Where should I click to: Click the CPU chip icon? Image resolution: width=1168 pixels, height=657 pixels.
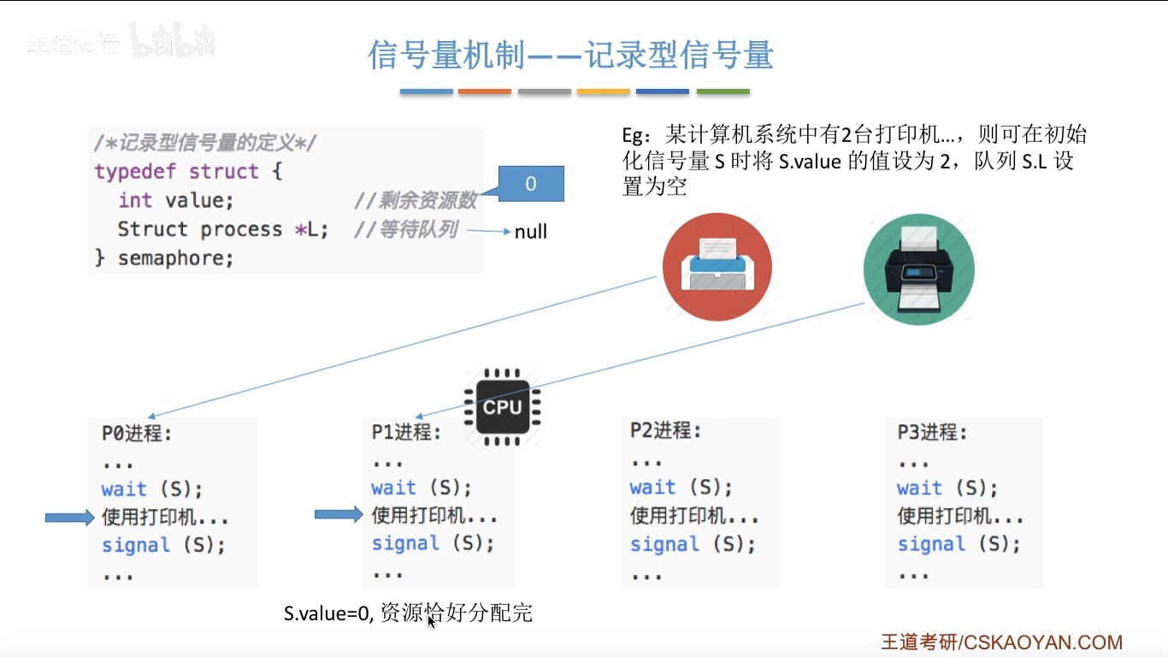(x=502, y=407)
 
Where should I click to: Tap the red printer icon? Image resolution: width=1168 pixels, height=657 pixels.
(x=717, y=266)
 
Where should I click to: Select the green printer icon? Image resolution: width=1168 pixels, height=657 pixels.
(x=918, y=268)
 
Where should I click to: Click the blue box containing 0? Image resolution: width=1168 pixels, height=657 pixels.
(x=530, y=184)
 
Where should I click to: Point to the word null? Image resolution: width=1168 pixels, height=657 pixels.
(x=530, y=232)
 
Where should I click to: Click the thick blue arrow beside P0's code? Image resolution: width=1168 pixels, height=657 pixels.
(x=68, y=517)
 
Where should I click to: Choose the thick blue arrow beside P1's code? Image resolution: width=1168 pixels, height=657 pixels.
(x=339, y=514)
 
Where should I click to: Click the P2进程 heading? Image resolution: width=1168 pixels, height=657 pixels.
(x=665, y=430)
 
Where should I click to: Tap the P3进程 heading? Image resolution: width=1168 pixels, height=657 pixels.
(x=932, y=432)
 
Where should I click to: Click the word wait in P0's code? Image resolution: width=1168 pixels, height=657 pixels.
(x=124, y=489)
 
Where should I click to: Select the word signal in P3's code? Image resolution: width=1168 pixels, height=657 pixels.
(x=930, y=544)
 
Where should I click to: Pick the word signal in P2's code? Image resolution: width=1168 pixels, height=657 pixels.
(x=664, y=544)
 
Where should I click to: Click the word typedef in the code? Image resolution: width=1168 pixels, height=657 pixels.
(x=136, y=171)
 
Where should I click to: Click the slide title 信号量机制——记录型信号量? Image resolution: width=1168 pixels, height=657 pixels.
(x=570, y=56)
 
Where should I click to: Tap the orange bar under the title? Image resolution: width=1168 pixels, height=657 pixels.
(x=485, y=92)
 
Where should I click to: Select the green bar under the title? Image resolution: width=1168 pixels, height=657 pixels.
(x=723, y=92)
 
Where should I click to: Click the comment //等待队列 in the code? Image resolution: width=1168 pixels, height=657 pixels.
(x=405, y=229)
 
